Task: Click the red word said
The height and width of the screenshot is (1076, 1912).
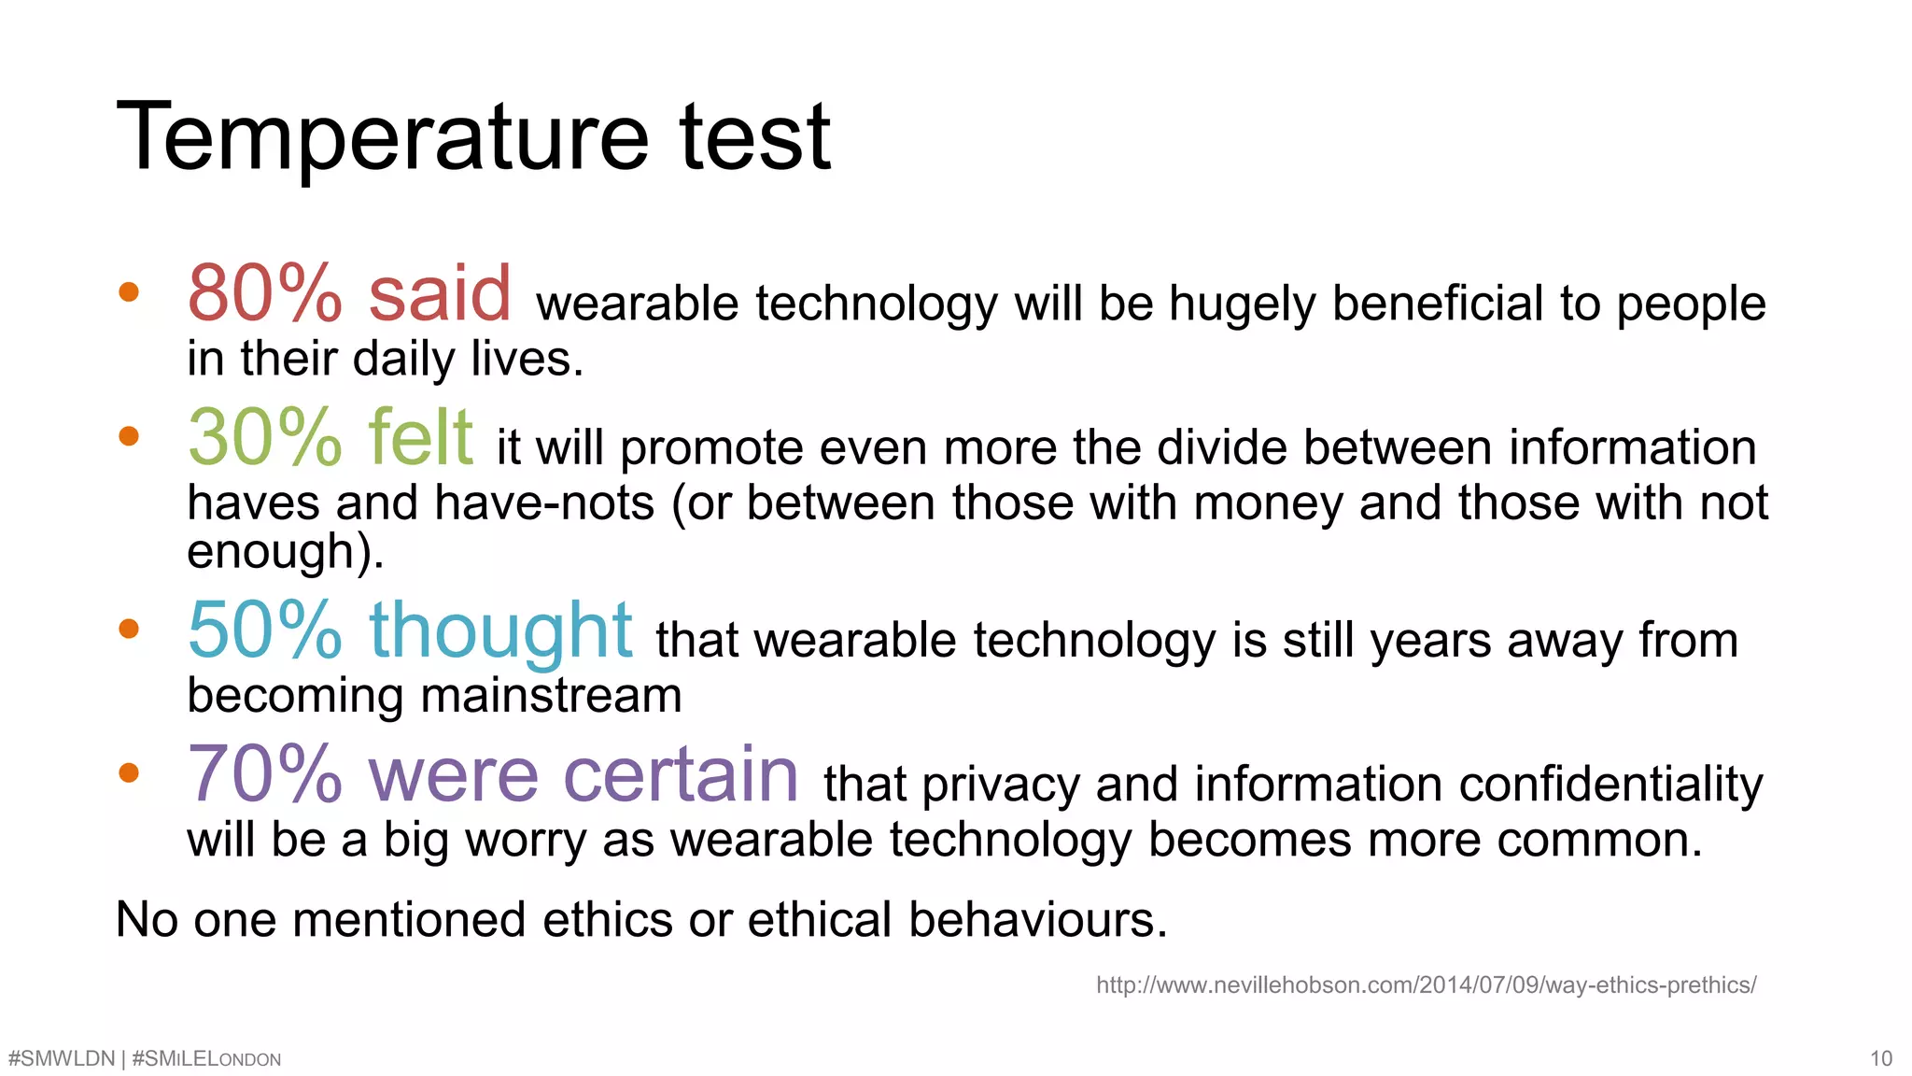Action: click(x=440, y=293)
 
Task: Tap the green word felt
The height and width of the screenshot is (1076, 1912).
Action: click(x=420, y=437)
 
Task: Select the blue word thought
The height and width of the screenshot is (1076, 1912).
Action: click(x=500, y=632)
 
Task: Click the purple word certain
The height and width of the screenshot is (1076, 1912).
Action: click(x=681, y=774)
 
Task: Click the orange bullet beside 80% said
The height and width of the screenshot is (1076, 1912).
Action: click(x=129, y=292)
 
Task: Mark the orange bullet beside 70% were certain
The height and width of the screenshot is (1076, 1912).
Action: click(x=129, y=772)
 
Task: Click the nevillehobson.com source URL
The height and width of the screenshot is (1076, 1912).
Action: click(x=1426, y=984)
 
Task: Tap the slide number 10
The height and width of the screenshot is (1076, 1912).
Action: click(x=1880, y=1058)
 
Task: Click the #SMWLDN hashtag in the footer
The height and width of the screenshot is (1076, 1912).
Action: click(x=61, y=1058)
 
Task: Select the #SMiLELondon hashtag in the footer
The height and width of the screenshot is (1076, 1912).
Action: click(x=206, y=1058)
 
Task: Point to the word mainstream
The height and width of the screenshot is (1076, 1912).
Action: click(x=551, y=696)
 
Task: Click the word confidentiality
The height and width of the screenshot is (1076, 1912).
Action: click(x=1610, y=785)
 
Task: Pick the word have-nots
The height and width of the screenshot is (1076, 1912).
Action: click(x=544, y=503)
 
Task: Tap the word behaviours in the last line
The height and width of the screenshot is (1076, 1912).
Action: click(x=1037, y=920)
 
